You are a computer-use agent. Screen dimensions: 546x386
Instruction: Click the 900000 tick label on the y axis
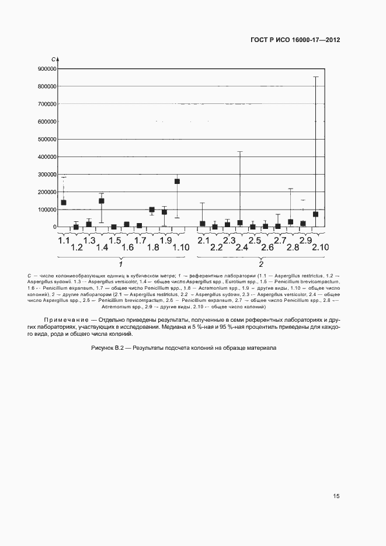coord(46,69)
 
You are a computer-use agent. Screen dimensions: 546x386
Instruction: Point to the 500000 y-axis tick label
coord(46,139)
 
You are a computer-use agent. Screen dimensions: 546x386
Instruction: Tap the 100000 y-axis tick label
coord(46,210)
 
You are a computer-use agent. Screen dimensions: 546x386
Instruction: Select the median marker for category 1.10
coord(177,181)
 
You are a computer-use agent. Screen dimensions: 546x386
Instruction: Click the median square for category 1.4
coord(101,201)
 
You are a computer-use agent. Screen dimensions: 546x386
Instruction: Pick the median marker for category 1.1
coord(63,203)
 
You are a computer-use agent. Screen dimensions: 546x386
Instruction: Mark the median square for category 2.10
coord(315,214)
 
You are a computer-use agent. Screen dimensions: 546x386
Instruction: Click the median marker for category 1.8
coord(152,210)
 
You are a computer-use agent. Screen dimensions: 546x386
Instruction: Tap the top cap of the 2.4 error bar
coord(240,152)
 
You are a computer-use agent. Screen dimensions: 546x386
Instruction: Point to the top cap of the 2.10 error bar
coord(315,77)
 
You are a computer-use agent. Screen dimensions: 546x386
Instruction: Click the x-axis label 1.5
coord(114,241)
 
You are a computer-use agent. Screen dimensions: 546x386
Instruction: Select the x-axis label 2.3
coord(228,241)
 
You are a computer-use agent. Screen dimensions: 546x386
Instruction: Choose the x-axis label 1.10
coord(181,248)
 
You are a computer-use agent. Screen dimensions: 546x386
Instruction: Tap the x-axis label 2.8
coord(293,248)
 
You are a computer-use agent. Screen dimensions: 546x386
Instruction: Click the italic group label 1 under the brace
coord(120,263)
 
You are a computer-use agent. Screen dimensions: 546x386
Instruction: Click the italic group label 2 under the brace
coord(260,263)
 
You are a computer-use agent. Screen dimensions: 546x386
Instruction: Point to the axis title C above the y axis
coord(53,60)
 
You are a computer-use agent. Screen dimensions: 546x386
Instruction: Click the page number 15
coord(336,496)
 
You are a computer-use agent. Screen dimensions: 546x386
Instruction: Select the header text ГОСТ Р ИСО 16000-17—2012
coord(295,40)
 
